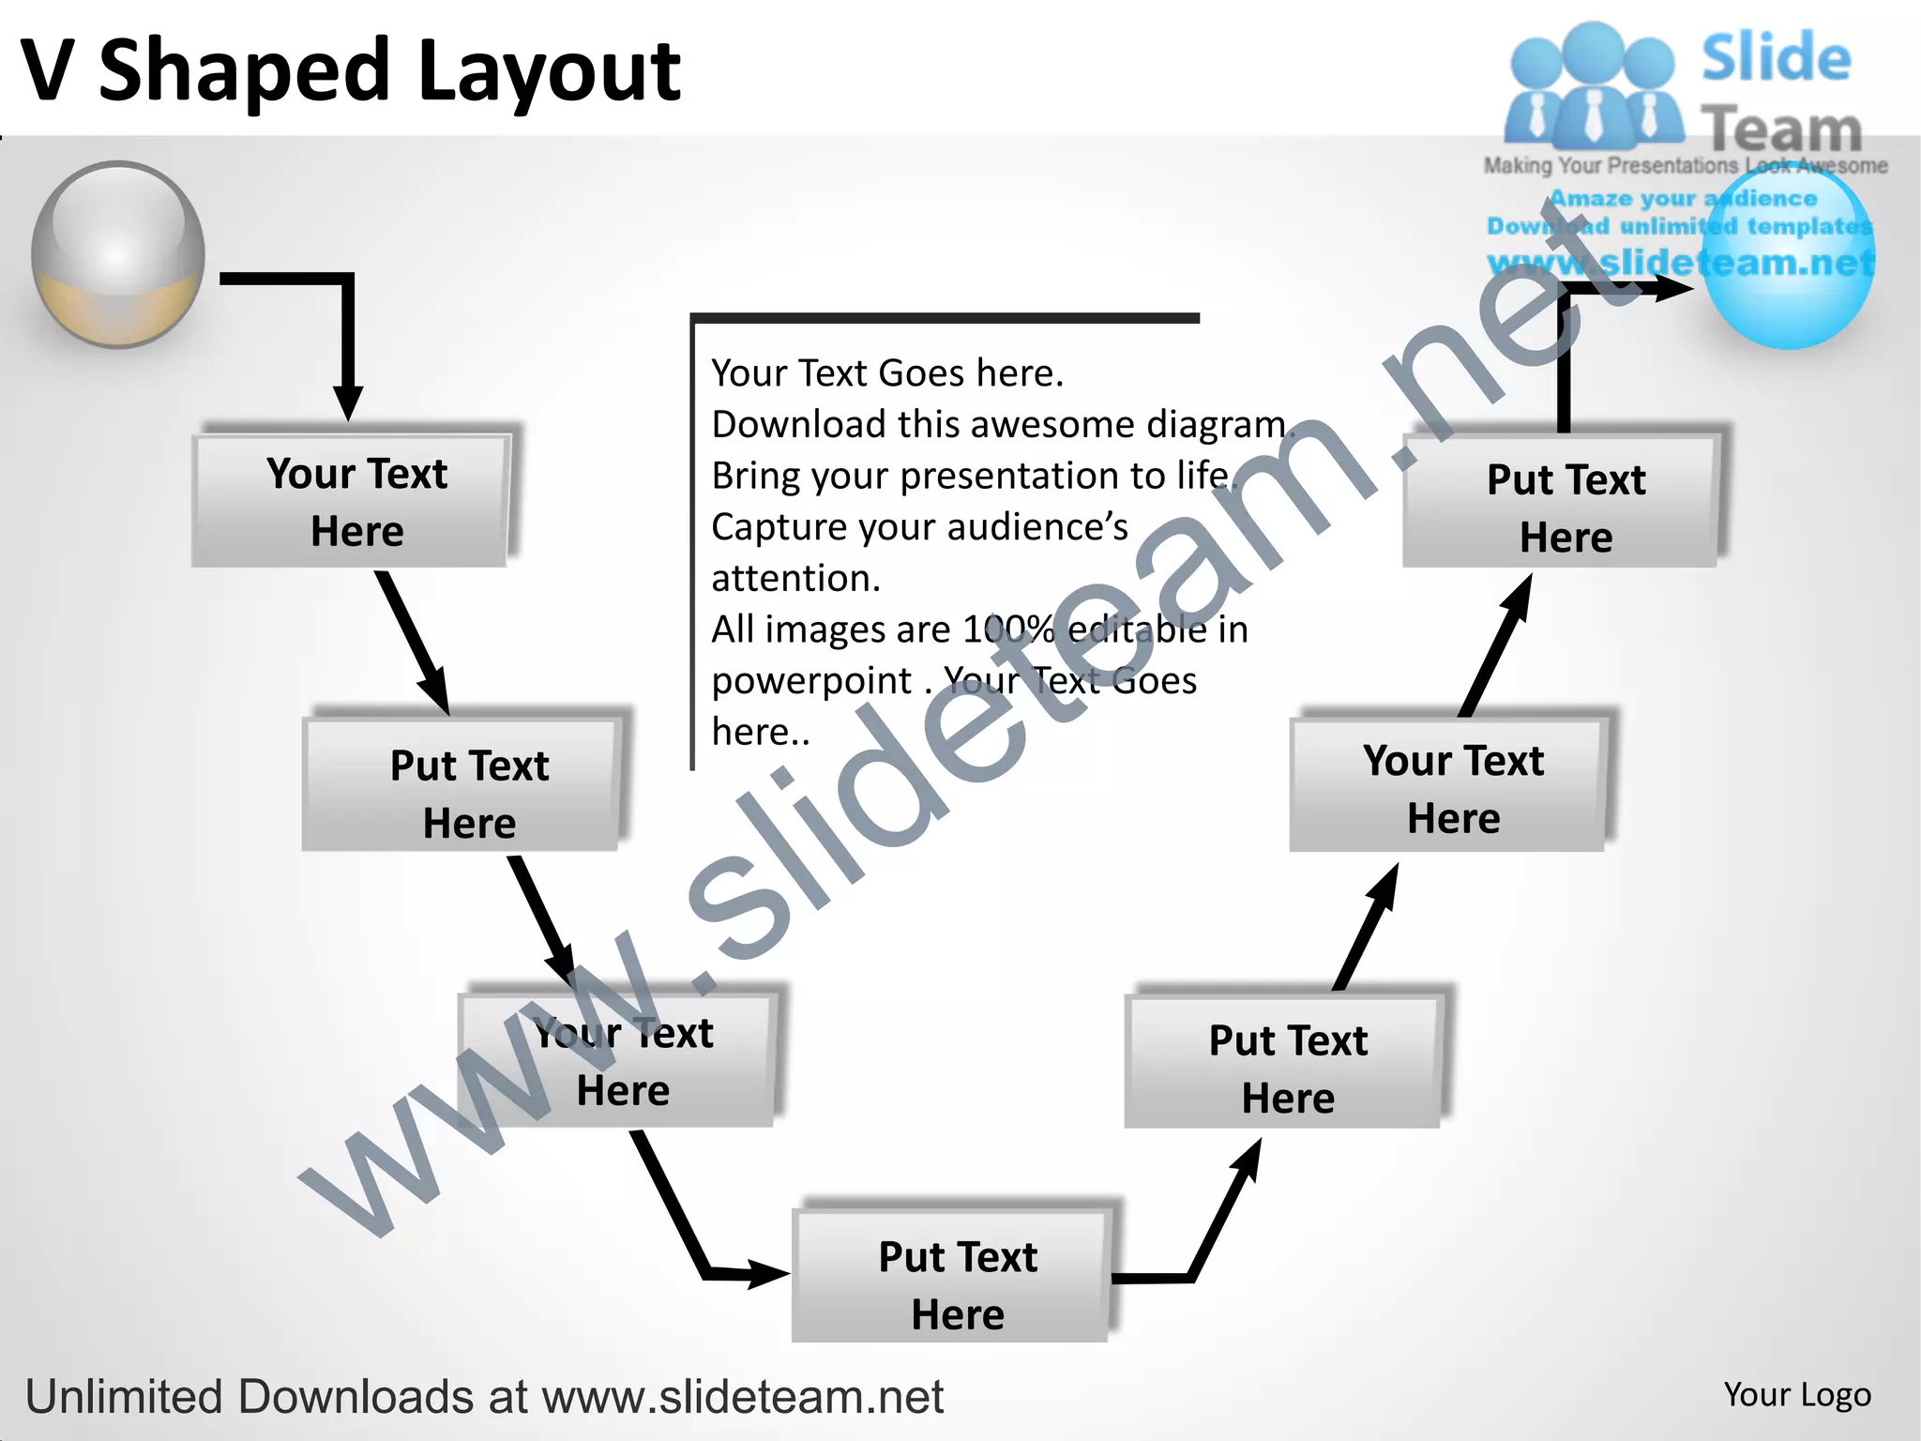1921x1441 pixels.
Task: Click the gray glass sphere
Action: click(x=118, y=253)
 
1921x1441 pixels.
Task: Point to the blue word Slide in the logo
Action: click(x=1776, y=58)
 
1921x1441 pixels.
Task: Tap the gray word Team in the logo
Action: click(x=1781, y=129)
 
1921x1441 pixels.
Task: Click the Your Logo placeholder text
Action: click(x=1796, y=1394)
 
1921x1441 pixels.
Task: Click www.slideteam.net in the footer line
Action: click(x=742, y=1396)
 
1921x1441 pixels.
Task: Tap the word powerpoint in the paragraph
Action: click(x=811, y=681)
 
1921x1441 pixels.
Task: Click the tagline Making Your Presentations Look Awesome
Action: click(x=1685, y=166)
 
